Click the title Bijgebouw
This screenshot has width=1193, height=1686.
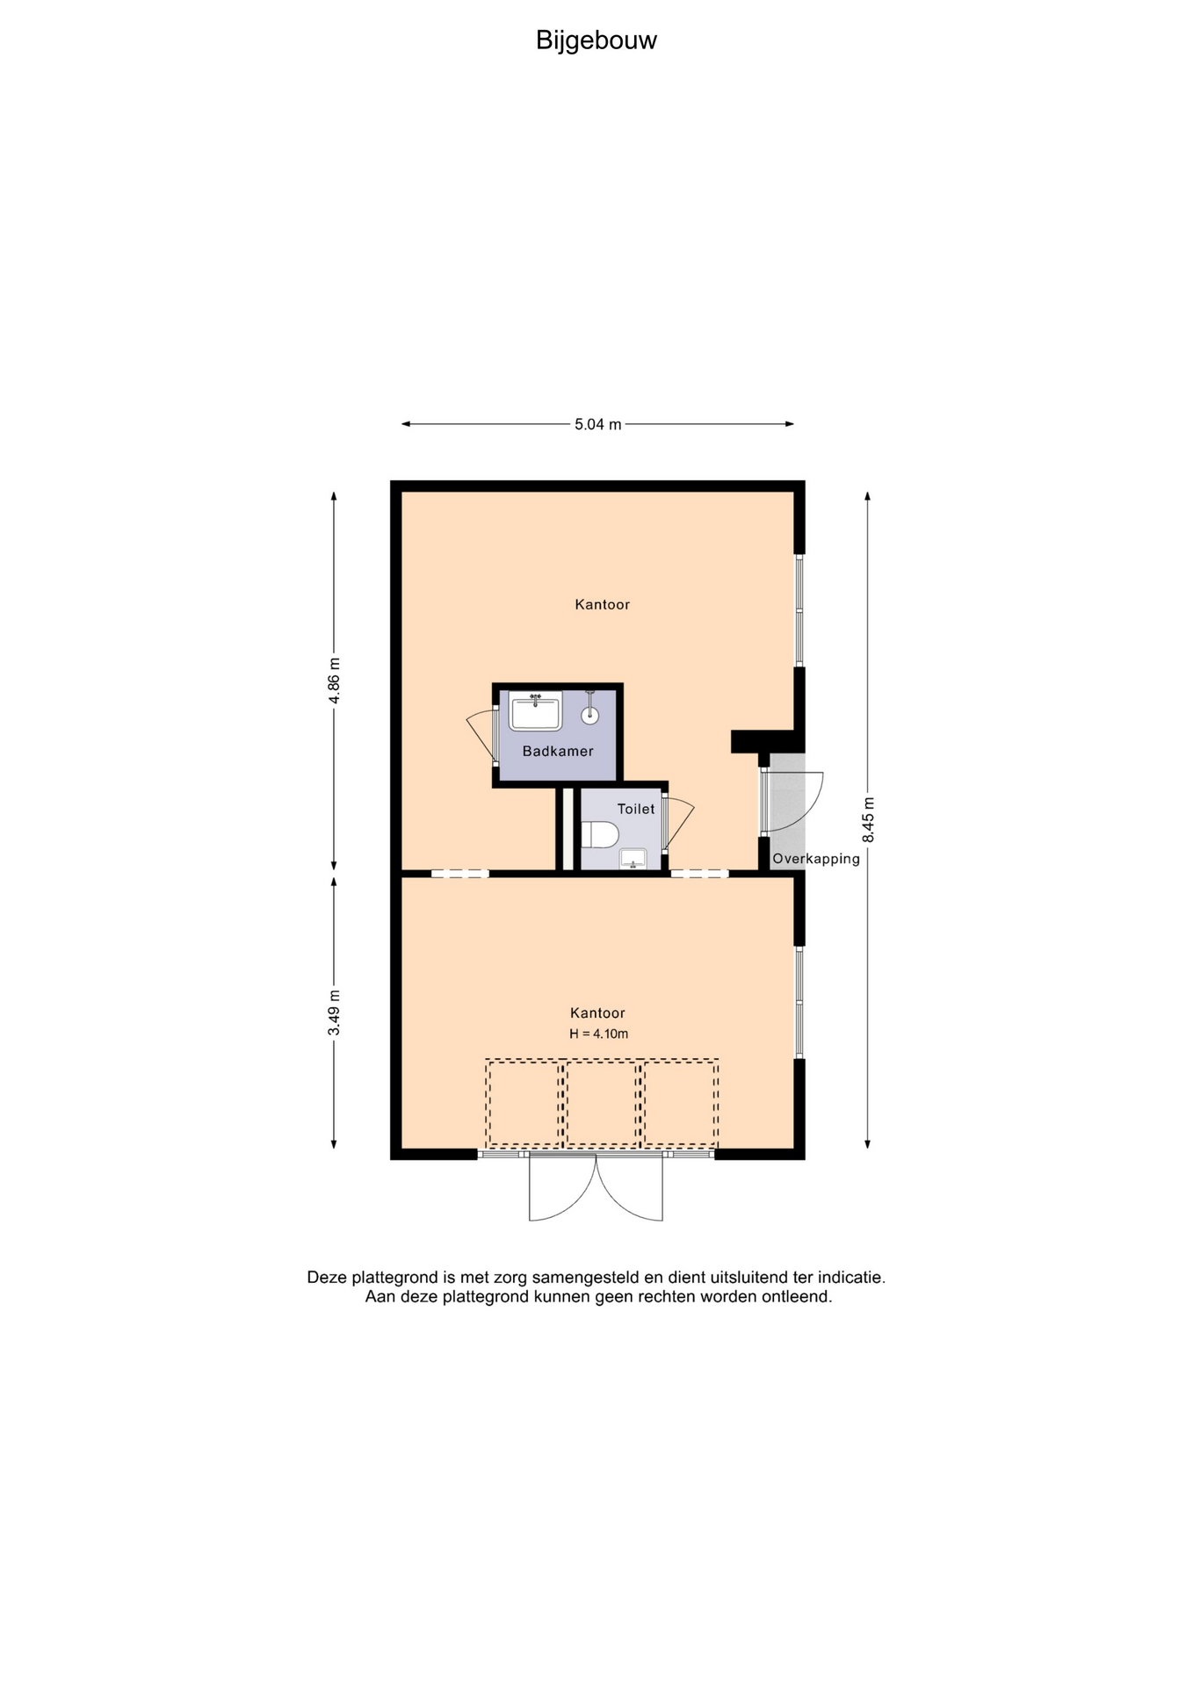(596, 40)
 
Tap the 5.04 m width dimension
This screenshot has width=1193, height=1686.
(597, 424)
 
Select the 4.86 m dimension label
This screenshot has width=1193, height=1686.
(334, 680)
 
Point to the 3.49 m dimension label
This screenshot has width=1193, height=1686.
(334, 1012)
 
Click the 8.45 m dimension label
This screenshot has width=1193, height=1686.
(868, 819)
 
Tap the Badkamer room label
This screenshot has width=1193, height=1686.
(558, 751)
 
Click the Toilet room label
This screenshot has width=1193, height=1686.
(636, 809)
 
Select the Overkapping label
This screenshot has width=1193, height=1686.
(816, 859)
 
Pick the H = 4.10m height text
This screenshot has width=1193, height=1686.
(598, 1034)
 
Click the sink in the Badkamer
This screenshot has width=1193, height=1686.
(536, 711)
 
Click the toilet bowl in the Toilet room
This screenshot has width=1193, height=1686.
(600, 834)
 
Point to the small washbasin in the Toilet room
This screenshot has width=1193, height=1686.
(633, 858)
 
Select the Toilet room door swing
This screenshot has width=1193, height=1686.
(681, 822)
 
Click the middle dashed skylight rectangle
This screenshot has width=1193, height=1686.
(602, 1103)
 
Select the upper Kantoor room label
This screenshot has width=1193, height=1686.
(603, 604)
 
